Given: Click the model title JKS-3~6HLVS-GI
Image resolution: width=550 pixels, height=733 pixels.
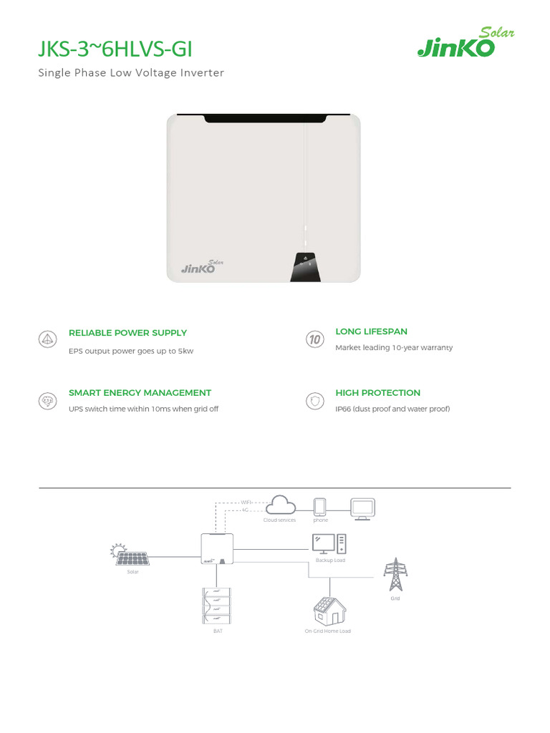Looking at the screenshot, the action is coord(115,49).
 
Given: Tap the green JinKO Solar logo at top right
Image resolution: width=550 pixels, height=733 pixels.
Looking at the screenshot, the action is coord(465,42).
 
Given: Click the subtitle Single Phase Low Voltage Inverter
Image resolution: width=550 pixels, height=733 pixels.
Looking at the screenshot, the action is coord(131,73).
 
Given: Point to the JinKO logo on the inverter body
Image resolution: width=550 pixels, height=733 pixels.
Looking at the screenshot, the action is coord(202,266).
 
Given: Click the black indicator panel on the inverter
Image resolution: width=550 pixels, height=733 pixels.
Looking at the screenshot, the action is coord(305,267).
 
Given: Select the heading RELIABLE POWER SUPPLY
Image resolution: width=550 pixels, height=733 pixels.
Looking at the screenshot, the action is coord(127,333).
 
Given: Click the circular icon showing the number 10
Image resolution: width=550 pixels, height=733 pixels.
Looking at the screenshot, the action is coord(315,339).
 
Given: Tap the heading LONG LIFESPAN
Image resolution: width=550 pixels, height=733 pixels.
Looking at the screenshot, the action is coord(372,331).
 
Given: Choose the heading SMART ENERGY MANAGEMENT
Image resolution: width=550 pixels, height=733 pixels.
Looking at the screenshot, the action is coord(140,393).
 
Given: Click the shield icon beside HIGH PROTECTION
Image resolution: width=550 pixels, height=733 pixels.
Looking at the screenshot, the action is coord(315,401).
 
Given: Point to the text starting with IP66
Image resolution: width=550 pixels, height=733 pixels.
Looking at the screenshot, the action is coord(392,409).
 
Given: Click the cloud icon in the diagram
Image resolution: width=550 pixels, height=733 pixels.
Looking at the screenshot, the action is coord(281,505).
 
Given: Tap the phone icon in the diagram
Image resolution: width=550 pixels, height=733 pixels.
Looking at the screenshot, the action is coord(320,508).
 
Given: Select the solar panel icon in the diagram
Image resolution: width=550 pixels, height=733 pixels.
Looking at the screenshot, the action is coord(130,555).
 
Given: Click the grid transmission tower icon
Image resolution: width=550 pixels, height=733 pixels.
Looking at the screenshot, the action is coord(395,575).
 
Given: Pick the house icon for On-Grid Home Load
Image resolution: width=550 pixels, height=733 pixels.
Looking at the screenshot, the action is coord(329,611).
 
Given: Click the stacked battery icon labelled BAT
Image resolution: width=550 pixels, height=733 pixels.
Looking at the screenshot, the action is coord(217,606).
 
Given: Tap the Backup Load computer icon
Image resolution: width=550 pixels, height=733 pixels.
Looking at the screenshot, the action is coord(329,545).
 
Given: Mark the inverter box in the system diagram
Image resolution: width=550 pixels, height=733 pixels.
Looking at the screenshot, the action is coord(218,548).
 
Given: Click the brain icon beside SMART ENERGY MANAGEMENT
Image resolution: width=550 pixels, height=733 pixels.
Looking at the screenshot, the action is coord(47,401).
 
